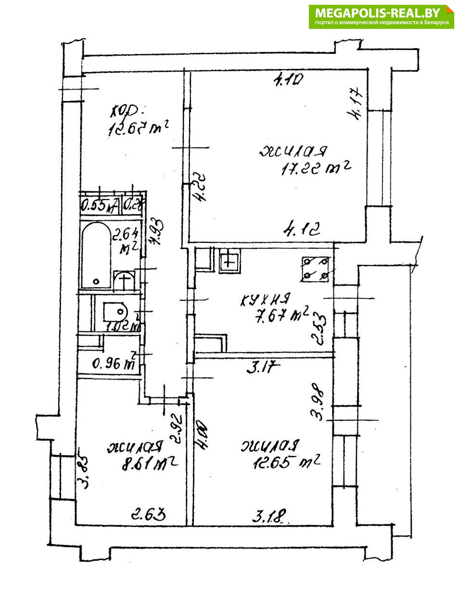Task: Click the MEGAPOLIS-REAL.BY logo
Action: click(x=382, y=16)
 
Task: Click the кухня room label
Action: click(x=265, y=300)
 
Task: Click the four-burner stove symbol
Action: click(x=315, y=269)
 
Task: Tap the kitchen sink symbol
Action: click(x=229, y=262)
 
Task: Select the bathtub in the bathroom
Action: click(x=96, y=256)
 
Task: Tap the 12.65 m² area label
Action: click(x=287, y=463)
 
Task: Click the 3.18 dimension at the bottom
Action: click(x=270, y=518)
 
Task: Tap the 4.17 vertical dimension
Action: click(x=358, y=106)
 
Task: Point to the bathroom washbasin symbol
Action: click(x=125, y=280)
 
